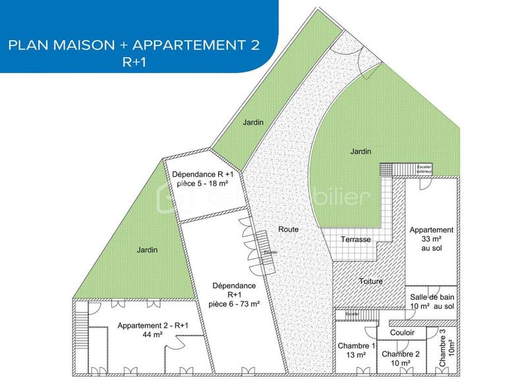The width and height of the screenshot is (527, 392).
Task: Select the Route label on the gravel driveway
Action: pyautogui.click(x=288, y=229)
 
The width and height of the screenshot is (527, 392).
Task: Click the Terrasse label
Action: pyautogui.click(x=356, y=239)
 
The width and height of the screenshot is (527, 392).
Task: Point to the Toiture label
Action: pyautogui.click(x=370, y=281)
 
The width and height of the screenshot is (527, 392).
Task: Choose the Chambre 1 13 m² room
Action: pyautogui.click(x=356, y=350)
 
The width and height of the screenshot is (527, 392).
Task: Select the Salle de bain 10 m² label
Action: pyautogui.click(x=432, y=302)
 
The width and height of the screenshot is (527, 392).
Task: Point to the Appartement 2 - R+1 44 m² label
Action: pyautogui.click(x=153, y=330)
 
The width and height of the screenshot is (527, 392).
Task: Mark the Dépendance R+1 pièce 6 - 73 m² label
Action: pyautogui.click(x=235, y=295)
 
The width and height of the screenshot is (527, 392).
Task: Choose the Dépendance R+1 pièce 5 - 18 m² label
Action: pyautogui.click(x=205, y=179)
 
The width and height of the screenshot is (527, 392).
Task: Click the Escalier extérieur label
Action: pyautogui.click(x=424, y=169)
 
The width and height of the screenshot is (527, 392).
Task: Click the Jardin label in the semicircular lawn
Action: pyautogui.click(x=360, y=152)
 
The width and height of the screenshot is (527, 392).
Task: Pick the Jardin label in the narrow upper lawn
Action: pyautogui.click(x=252, y=122)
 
